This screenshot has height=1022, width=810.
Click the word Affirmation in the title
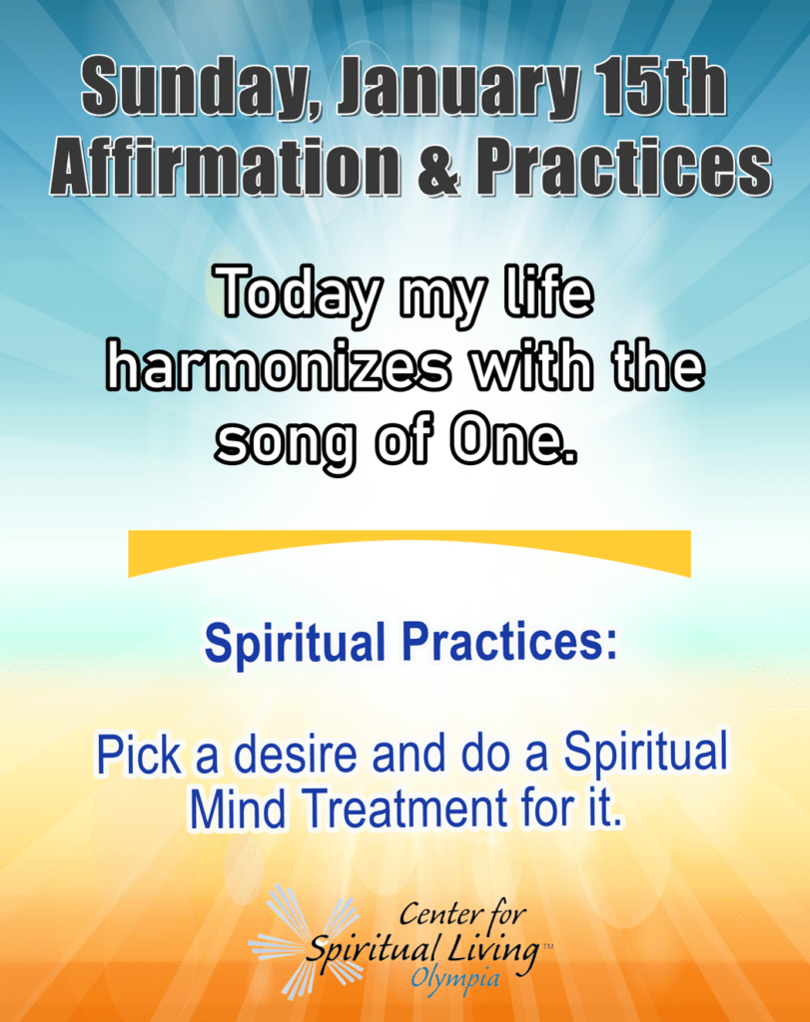[x=226, y=166]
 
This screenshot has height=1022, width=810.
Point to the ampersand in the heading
[x=440, y=167]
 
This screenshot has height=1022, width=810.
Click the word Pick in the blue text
[x=139, y=755]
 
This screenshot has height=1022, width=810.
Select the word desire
[x=296, y=755]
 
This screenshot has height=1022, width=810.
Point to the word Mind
[x=238, y=808]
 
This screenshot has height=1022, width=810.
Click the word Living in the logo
[x=493, y=950]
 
